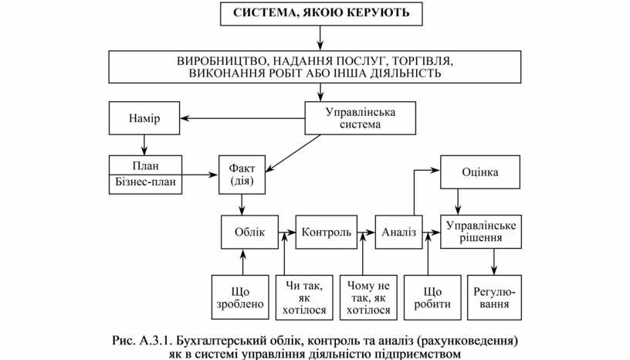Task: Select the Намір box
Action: (x=144, y=118)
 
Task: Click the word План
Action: (x=145, y=165)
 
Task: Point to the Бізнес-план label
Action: (x=145, y=182)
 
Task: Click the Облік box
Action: (x=244, y=232)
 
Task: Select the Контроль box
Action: (x=327, y=232)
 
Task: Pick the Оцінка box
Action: (x=479, y=172)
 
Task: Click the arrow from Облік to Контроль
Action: (x=286, y=232)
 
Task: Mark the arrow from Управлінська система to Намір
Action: (x=243, y=118)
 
